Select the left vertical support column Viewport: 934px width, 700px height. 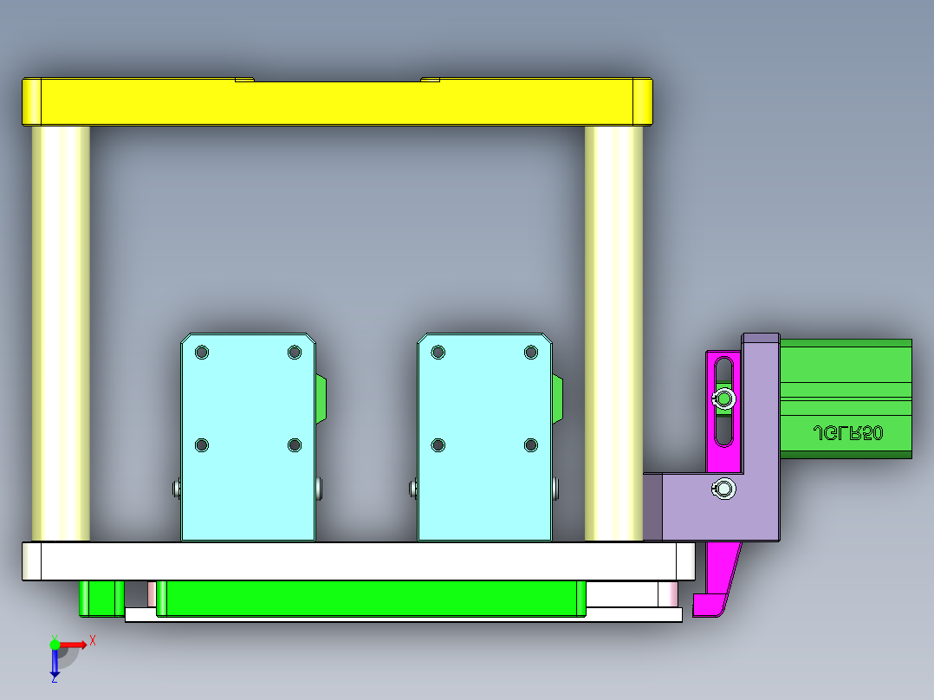[x=61, y=334]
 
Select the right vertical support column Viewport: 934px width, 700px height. [x=613, y=334]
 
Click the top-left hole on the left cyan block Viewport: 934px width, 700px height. [x=202, y=353]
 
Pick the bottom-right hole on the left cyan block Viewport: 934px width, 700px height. [x=295, y=445]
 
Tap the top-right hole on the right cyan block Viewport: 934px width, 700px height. [x=531, y=352]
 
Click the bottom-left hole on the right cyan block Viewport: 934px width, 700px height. [x=438, y=445]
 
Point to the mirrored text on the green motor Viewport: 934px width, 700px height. [x=847, y=433]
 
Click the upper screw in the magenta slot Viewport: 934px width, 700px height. [x=723, y=399]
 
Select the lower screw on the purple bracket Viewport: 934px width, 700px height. [x=723, y=489]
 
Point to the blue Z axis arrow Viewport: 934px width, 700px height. [x=55, y=664]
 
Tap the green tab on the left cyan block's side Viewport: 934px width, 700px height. [x=321, y=399]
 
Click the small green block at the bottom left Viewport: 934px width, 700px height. [x=101, y=598]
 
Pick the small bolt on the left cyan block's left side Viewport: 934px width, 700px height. [x=176, y=489]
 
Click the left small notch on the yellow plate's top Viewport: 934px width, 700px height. [x=244, y=80]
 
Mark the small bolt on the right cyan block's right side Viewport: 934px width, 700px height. [x=555, y=489]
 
